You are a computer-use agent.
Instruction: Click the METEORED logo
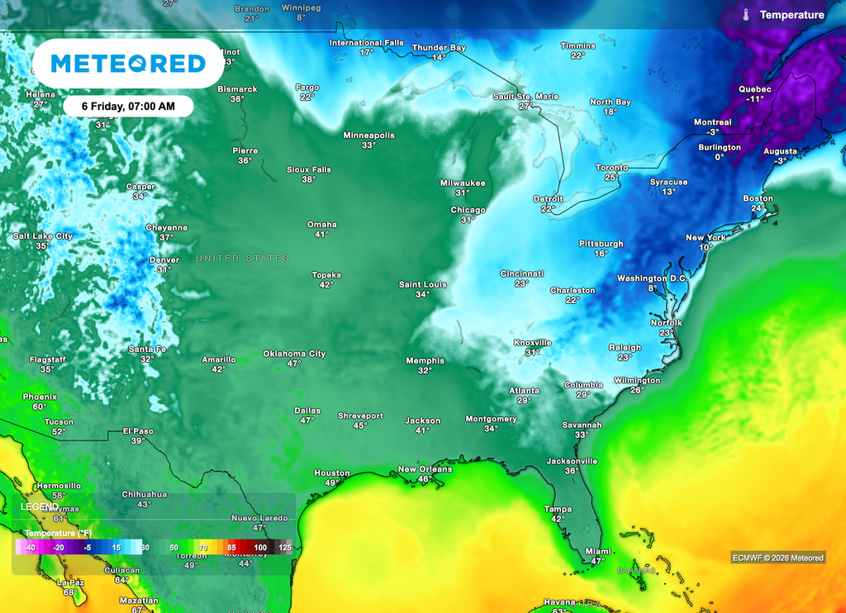coord(128,64)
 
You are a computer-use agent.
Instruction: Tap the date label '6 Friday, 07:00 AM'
coord(128,106)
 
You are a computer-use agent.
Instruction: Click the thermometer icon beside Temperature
coord(746,15)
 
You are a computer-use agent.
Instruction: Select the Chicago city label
coord(468,210)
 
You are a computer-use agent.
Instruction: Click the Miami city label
coord(596,551)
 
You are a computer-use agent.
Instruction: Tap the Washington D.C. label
coord(652,278)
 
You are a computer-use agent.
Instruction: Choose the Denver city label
coord(164,260)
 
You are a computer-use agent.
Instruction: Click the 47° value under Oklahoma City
coord(294,364)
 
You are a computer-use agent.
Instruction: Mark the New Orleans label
coord(425,469)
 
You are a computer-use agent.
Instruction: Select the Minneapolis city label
coord(368,135)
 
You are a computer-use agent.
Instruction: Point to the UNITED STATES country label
coord(242,259)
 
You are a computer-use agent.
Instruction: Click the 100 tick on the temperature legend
coord(260,548)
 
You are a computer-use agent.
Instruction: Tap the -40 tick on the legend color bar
coord(30,548)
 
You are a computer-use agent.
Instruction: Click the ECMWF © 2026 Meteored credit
coord(777,558)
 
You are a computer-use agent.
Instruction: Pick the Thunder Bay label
coord(439,48)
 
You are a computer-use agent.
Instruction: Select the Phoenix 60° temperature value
coord(40,406)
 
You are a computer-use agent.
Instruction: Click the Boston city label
coord(758,198)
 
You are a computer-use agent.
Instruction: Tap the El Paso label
coord(138,430)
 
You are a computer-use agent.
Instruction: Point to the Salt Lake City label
coord(43,236)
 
